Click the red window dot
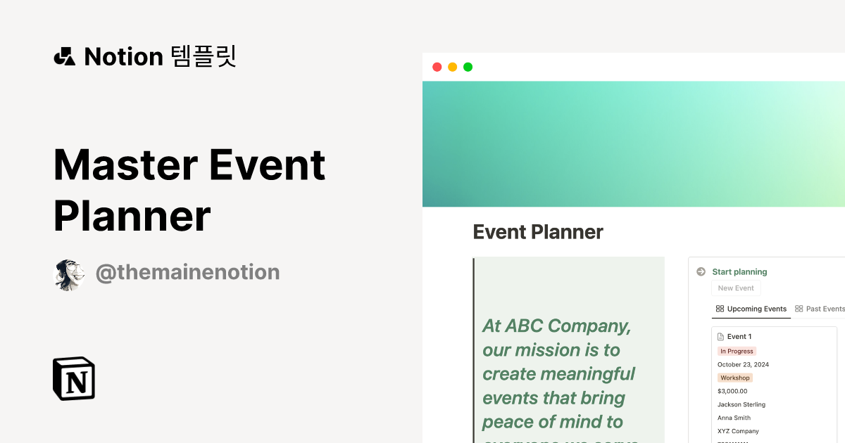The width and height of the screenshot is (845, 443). tap(437, 67)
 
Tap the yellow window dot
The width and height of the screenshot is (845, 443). tap(452, 67)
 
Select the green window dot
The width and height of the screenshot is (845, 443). tap(468, 67)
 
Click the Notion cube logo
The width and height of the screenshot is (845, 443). tap(74, 379)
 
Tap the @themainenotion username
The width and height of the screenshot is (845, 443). tap(187, 272)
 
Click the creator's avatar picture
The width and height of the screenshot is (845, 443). tap(69, 274)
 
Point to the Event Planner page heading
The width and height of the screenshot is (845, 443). tap(538, 232)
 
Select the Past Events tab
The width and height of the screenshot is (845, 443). tap(820, 309)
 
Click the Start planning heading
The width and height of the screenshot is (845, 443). tap(739, 272)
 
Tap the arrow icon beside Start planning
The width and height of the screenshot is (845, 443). tap(701, 272)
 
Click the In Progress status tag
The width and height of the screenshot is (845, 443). tap(737, 351)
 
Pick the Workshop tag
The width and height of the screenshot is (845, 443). tap(734, 378)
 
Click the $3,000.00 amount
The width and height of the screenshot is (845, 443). tap(732, 391)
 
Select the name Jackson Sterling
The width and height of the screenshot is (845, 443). tap(741, 404)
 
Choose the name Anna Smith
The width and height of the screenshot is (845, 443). tap(734, 418)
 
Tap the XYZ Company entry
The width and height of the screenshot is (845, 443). tap(738, 431)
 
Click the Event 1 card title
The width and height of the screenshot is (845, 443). tap(739, 337)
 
